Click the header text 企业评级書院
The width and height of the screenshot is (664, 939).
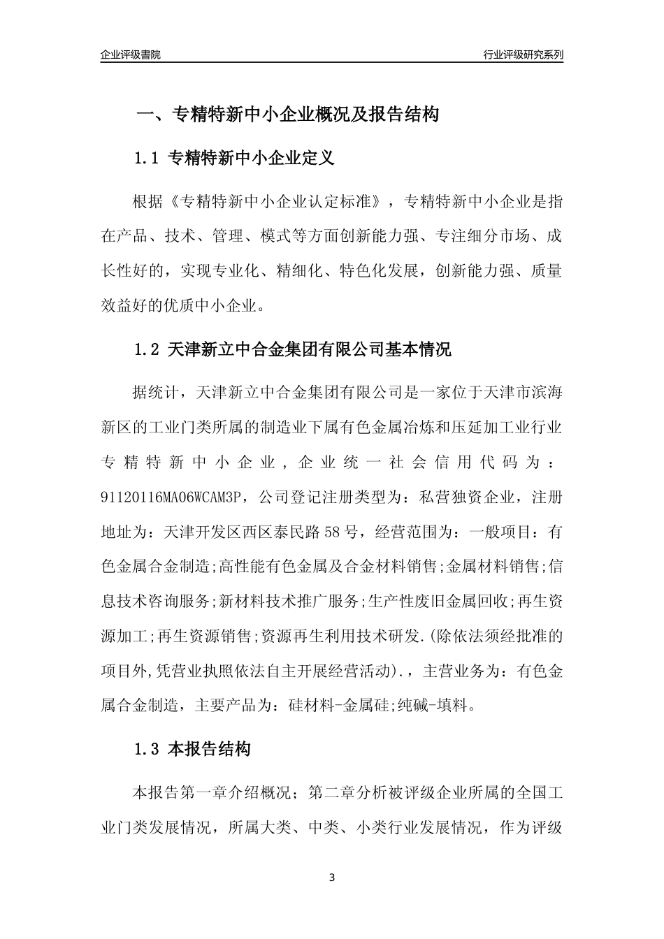(131, 54)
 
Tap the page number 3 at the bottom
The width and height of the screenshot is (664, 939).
(332, 877)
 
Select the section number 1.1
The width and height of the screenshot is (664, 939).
(147, 159)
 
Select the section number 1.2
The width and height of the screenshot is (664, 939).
(147, 350)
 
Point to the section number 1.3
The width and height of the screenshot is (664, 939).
(147, 750)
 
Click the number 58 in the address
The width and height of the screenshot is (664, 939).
(333, 532)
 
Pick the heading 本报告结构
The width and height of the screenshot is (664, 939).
(210, 750)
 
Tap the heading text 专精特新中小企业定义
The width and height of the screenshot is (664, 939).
(252, 159)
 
